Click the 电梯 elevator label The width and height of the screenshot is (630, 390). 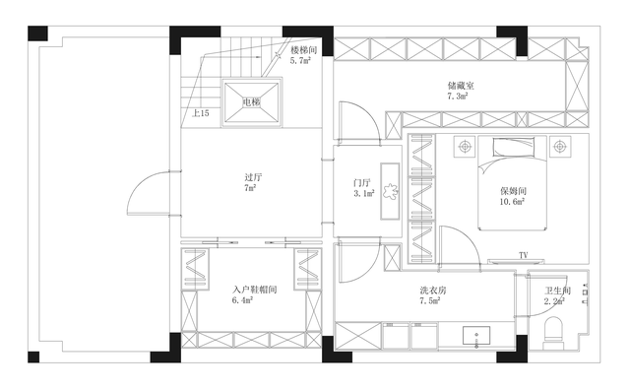pyautogui.click(x=252, y=102)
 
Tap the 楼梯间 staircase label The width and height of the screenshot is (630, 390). pyautogui.click(x=304, y=50)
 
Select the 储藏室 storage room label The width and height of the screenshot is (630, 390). pyautogui.click(x=462, y=86)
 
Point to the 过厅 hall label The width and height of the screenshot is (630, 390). pyautogui.click(x=254, y=177)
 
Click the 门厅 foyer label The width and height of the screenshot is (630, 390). pyautogui.click(x=362, y=183)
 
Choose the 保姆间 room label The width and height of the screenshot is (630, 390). pyautogui.click(x=513, y=191)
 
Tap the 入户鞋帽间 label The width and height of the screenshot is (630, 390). pyautogui.click(x=255, y=290)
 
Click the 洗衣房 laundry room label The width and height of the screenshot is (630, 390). pyautogui.click(x=433, y=291)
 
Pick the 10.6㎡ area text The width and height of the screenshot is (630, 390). pyautogui.click(x=512, y=202)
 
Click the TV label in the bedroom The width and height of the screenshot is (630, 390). pyautogui.click(x=523, y=255)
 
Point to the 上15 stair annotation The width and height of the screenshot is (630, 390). pyautogui.click(x=201, y=113)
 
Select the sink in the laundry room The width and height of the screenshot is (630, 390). pyautogui.click(x=476, y=335)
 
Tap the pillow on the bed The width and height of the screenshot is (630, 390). pyautogui.click(x=514, y=147)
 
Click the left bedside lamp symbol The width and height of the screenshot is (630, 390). pyautogui.click(x=465, y=147)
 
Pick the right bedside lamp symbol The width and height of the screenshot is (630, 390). pyautogui.click(x=560, y=147)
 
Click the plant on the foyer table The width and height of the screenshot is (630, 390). pyautogui.click(x=390, y=192)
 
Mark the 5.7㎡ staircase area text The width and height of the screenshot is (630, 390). pyautogui.click(x=300, y=61)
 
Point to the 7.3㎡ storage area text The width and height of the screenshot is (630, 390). pyautogui.click(x=458, y=97)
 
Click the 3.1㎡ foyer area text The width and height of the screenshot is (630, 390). pyautogui.click(x=364, y=193)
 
